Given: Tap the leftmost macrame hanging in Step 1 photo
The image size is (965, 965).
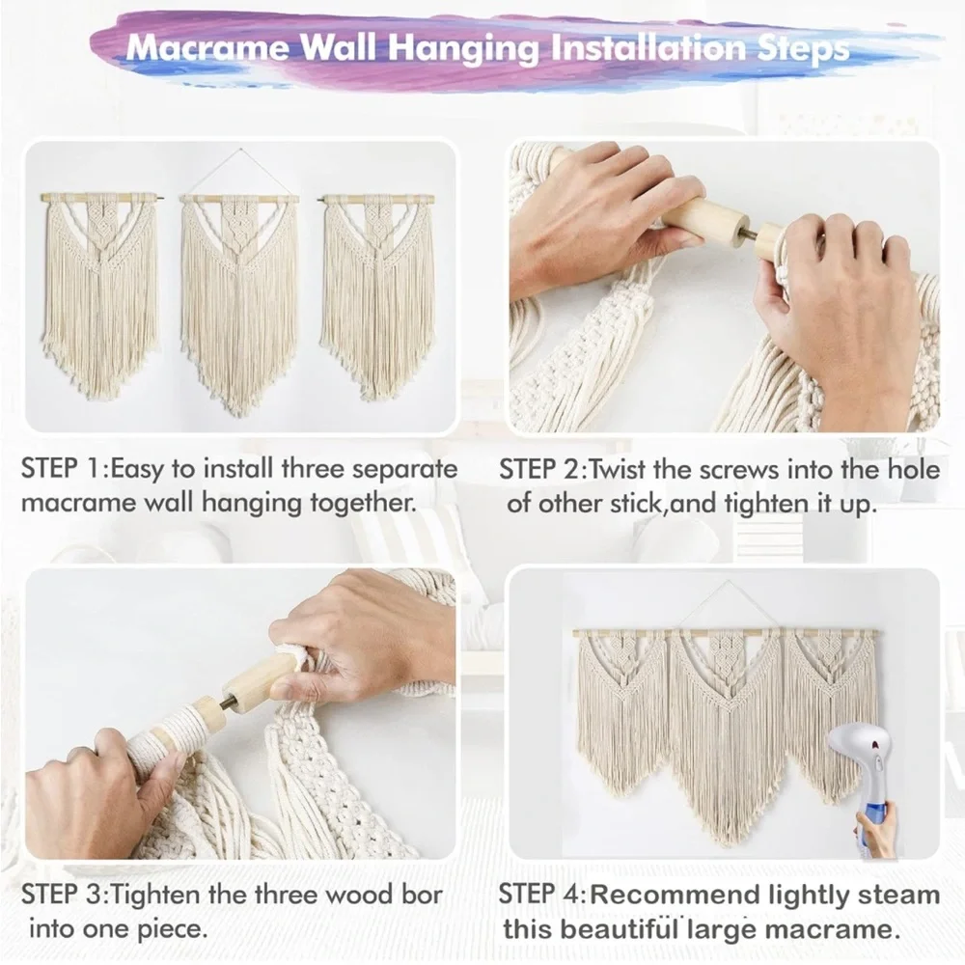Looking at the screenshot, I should click(99, 289).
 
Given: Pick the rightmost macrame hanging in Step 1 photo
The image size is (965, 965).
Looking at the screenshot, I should click(377, 289).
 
